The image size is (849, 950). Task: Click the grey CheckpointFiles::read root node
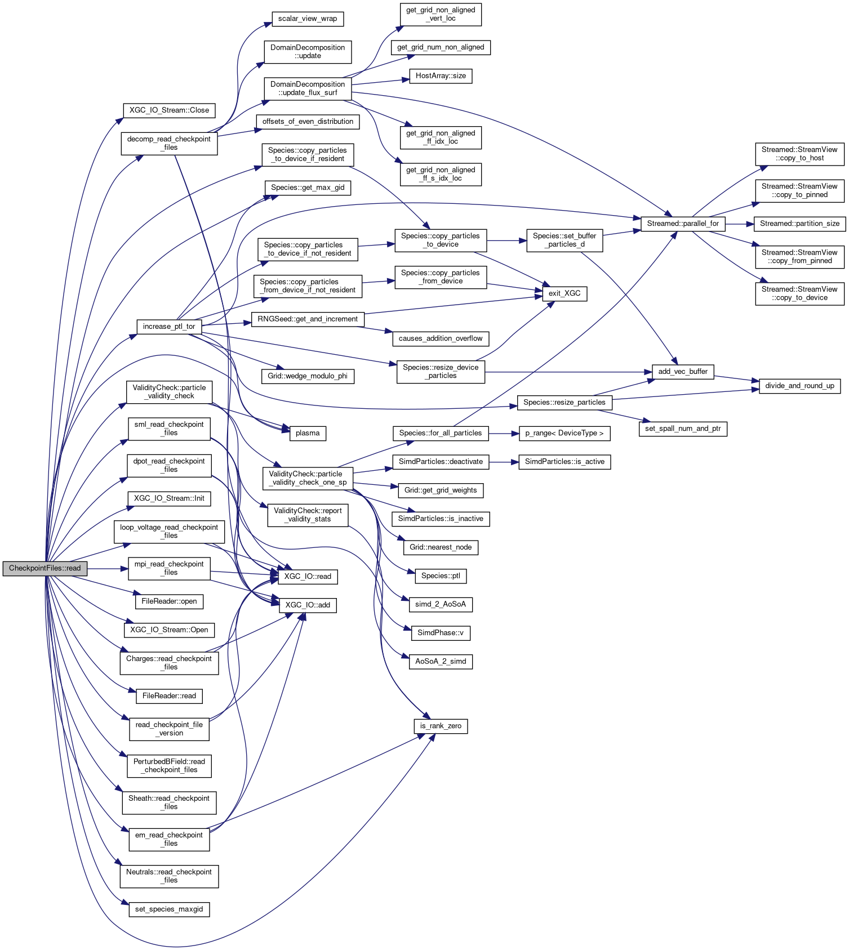tap(45, 568)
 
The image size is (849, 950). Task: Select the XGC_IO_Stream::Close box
tap(169, 110)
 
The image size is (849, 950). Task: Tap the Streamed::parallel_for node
tap(683, 224)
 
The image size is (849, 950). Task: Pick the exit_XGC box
tap(564, 293)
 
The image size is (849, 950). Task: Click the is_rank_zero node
tap(441, 726)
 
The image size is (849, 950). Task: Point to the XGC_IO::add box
tap(308, 605)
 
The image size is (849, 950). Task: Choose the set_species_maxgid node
tap(169, 909)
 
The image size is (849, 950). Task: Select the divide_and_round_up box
tap(799, 386)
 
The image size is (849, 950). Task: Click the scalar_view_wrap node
tap(308, 19)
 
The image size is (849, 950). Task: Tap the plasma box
tap(308, 433)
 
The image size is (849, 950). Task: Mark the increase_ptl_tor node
tap(169, 327)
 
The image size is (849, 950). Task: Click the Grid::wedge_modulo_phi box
tap(308, 376)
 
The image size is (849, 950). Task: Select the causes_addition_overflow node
tap(441, 338)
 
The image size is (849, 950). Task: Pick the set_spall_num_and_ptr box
tap(683, 429)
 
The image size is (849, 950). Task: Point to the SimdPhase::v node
tap(441, 633)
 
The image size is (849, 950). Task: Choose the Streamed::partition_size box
tap(799, 224)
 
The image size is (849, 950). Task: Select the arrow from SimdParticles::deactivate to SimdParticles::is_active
tap(504, 462)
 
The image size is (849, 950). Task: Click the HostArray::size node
tap(441, 76)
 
